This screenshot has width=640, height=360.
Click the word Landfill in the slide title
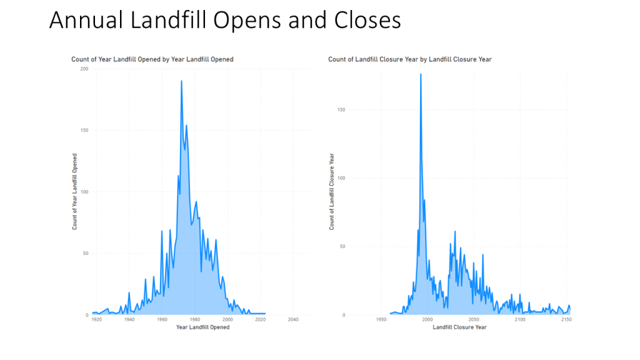[168, 20]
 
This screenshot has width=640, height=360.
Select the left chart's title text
[152, 59]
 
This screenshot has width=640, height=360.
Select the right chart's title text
[410, 59]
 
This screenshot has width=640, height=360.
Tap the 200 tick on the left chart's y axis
[84, 69]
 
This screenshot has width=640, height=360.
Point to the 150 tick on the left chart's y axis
[84, 131]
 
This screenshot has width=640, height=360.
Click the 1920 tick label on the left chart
[96, 319]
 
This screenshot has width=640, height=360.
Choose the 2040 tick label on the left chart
[292, 319]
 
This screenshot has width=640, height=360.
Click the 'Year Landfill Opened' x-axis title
[202, 327]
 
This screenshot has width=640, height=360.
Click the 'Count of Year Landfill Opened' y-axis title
[74, 191]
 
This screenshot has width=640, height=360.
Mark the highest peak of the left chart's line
[181, 81]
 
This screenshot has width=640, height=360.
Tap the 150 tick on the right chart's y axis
[341, 109]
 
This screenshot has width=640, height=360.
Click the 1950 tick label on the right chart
[381, 319]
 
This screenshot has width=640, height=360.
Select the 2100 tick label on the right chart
[520, 319]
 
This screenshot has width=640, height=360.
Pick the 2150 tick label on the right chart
[566, 319]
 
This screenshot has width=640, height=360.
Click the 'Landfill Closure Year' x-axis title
[459, 327]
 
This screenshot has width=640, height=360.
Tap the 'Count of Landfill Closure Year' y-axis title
[332, 191]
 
